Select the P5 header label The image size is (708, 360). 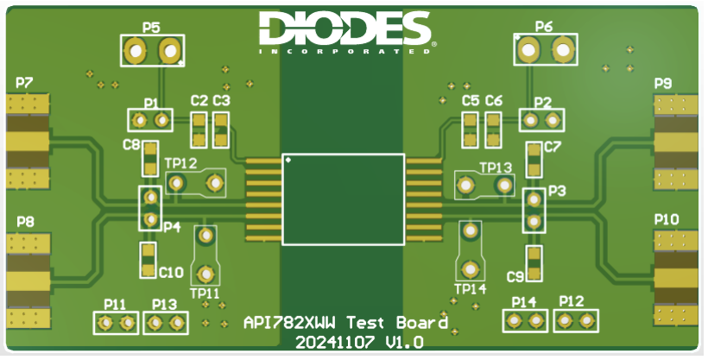(x=151, y=28)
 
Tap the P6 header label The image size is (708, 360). (x=544, y=27)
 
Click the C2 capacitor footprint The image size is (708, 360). (x=199, y=130)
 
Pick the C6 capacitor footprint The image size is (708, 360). (x=493, y=130)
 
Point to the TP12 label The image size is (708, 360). (x=180, y=163)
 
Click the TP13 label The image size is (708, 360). (x=496, y=167)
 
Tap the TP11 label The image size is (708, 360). (x=205, y=294)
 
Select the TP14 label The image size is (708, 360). (x=471, y=289)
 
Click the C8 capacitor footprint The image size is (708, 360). (x=150, y=159)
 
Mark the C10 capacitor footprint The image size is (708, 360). (x=148, y=260)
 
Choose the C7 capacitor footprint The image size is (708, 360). (x=534, y=160)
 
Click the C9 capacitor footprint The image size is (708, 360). (x=534, y=263)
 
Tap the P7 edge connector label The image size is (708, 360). (x=24, y=83)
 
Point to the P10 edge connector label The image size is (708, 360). (x=667, y=220)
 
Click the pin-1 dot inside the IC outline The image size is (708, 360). (x=288, y=160)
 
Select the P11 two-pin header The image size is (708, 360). (x=116, y=323)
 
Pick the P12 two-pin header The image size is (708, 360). (x=576, y=320)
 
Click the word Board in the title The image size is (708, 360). (x=422, y=323)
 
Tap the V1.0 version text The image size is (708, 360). (x=405, y=343)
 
